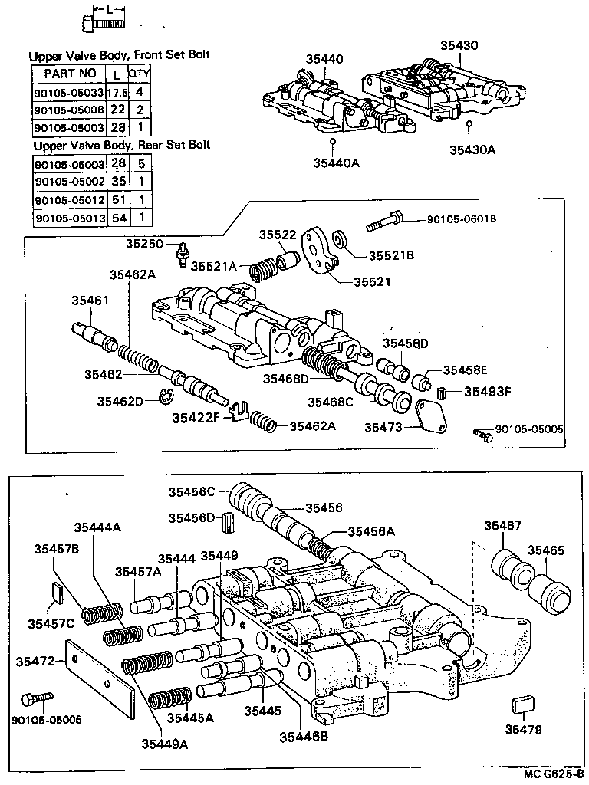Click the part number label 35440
coord(324,59)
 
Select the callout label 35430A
coord(472,149)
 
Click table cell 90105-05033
coord(67,92)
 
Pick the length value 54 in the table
coord(118,218)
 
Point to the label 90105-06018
coord(462,219)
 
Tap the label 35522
coord(276,235)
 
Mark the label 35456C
coord(192,491)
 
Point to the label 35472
coord(35,660)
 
